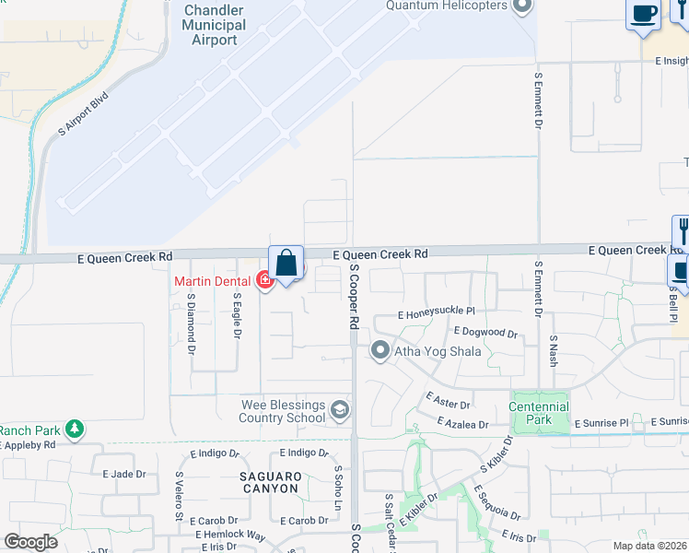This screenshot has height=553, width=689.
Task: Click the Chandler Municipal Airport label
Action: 215,25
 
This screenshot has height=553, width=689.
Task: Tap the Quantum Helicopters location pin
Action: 523,6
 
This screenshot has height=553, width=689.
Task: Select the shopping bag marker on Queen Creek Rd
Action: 286,264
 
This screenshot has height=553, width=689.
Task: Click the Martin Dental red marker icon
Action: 265,279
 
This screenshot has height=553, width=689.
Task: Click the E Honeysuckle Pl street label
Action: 436,313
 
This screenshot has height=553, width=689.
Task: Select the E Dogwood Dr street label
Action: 485,332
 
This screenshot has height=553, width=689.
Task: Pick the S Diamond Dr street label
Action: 192,324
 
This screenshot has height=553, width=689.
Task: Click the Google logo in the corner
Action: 30,541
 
